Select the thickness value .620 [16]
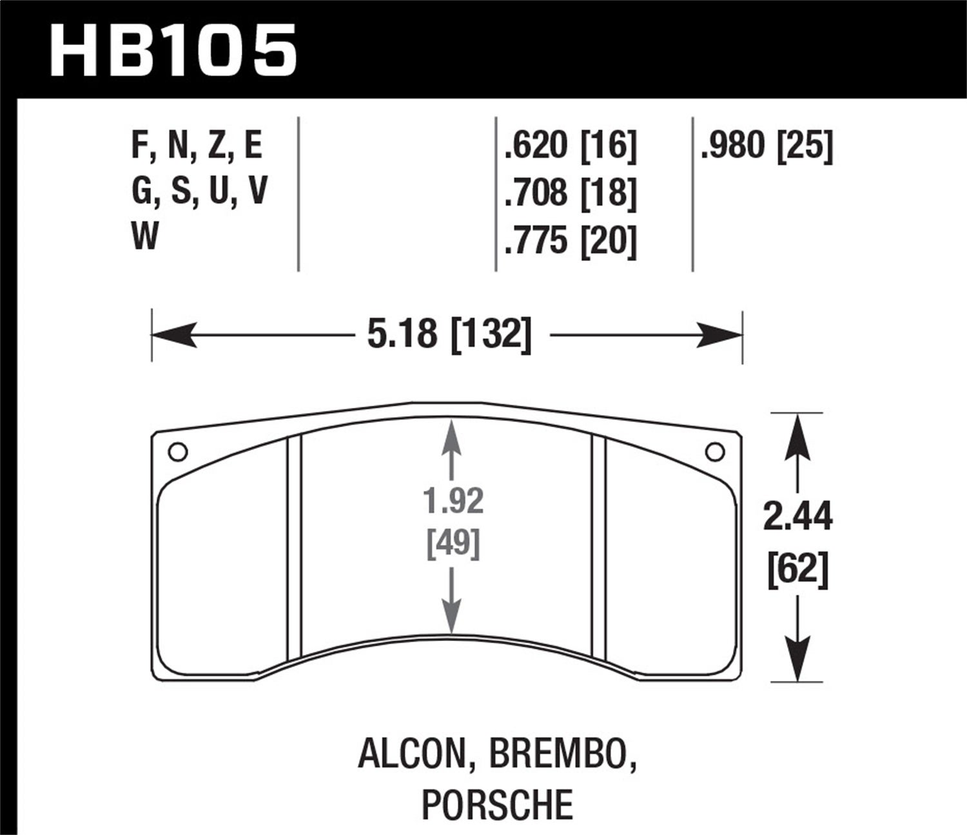pos(571,146)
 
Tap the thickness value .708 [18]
pos(571,193)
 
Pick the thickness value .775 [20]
pos(571,240)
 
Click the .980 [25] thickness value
pos(767,146)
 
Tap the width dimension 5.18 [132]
pos(449,336)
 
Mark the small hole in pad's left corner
pos(177,452)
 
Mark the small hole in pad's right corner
pos(714,452)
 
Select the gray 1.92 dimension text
pos(454,501)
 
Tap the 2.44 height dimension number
pos(797,517)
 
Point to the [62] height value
pos(797,570)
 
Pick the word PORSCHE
pos(497,804)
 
